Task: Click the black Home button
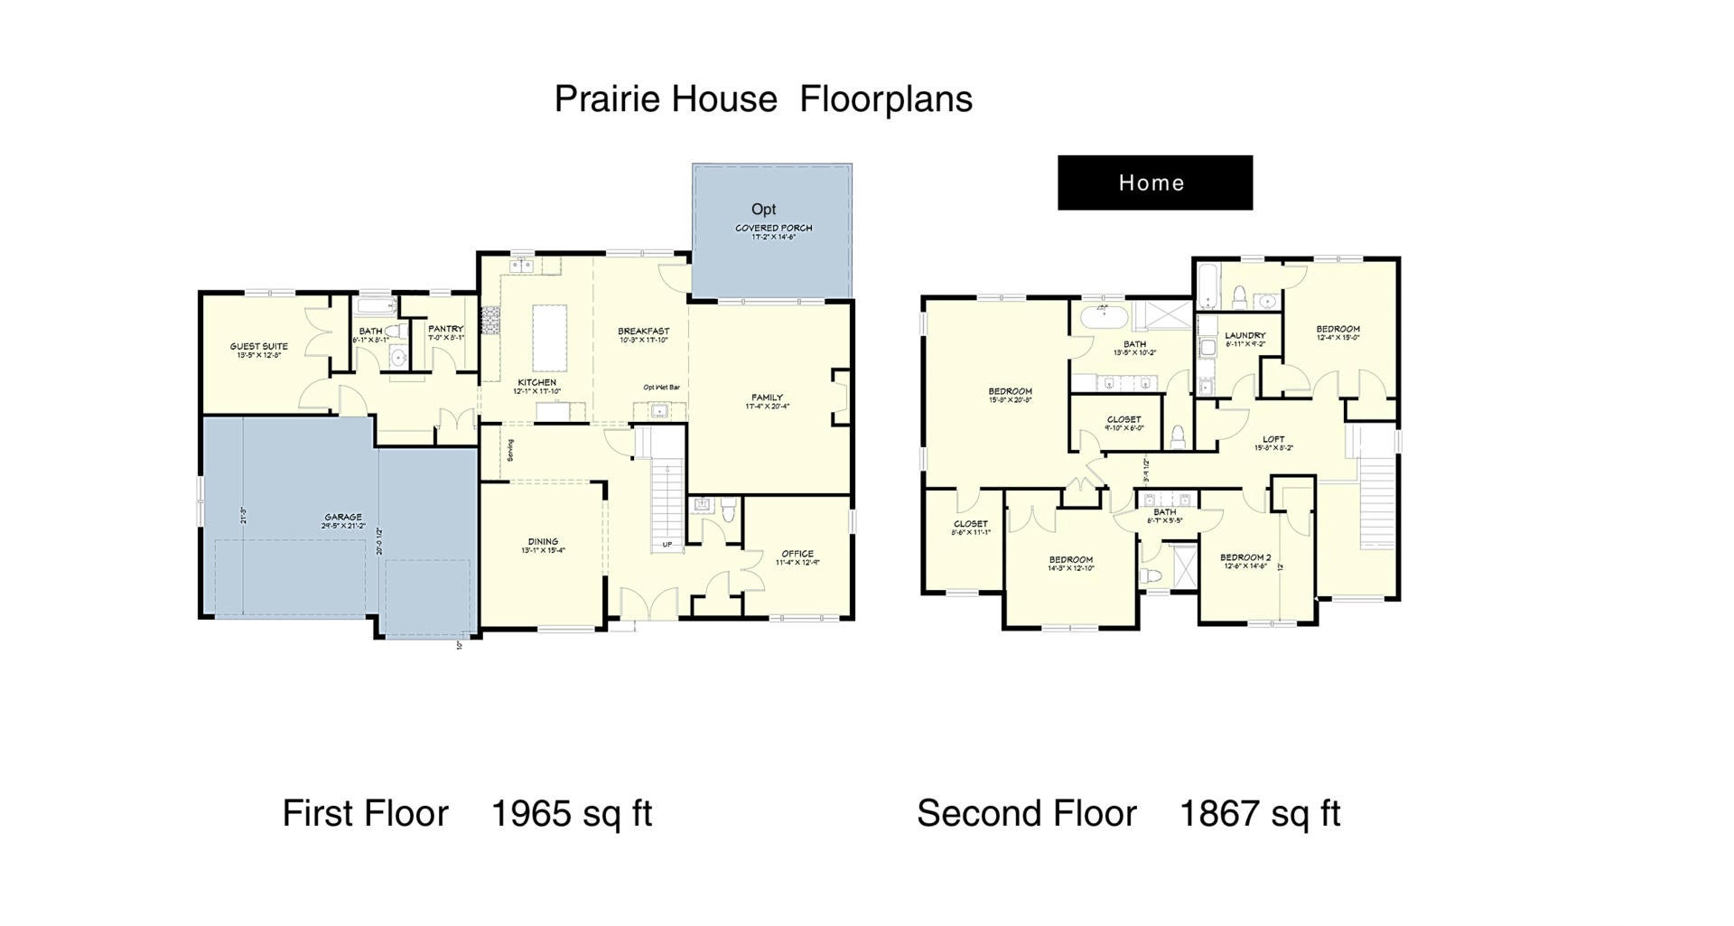(1154, 182)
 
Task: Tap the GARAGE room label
(343, 518)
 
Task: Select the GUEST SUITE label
(259, 346)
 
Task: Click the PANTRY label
(445, 329)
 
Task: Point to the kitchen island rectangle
(549, 338)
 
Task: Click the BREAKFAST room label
(643, 332)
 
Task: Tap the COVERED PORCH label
(773, 228)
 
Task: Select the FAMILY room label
(767, 398)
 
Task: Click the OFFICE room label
(797, 554)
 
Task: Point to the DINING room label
(543, 542)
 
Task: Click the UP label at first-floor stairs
(667, 545)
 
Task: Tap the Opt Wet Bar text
(661, 388)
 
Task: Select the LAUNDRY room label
(1245, 335)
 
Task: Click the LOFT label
(1273, 439)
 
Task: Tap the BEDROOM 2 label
(1245, 557)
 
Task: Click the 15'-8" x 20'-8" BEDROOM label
(1010, 392)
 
